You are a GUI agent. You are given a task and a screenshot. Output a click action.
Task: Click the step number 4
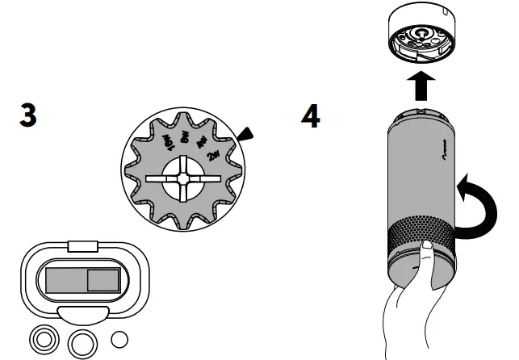click(310, 117)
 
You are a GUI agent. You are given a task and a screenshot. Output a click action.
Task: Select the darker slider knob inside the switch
click(103, 280)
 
